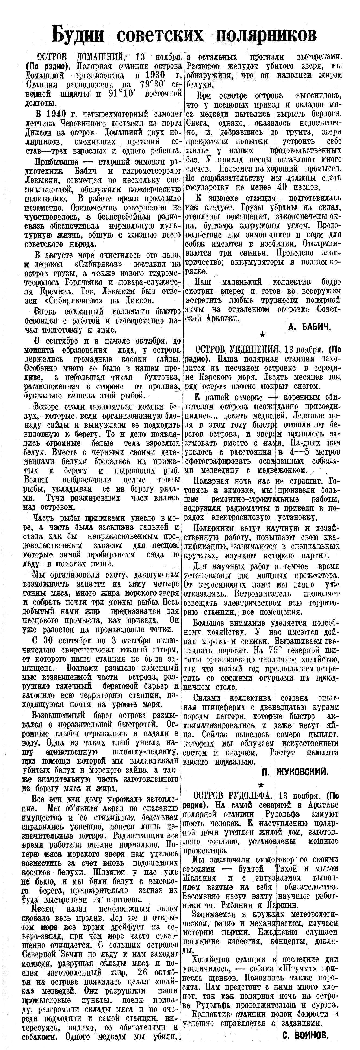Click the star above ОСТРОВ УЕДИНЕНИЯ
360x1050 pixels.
263,335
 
